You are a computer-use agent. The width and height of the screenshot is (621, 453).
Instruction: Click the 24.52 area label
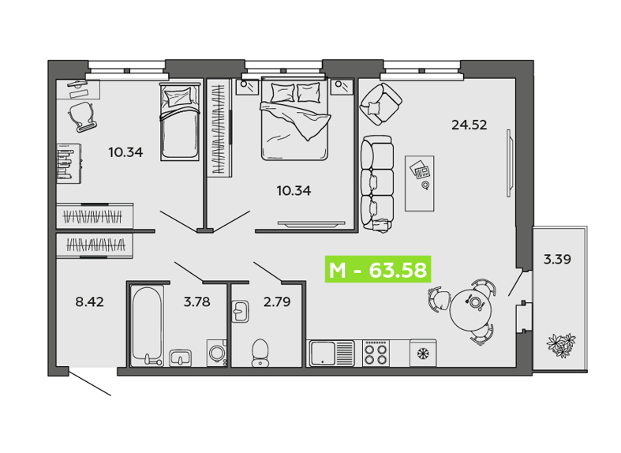[x=469, y=125]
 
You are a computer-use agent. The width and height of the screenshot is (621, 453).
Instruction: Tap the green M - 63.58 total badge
[x=378, y=270]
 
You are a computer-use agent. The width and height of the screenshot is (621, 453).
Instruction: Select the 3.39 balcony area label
[x=557, y=260]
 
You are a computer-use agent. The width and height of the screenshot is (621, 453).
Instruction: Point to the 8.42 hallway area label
[x=89, y=301]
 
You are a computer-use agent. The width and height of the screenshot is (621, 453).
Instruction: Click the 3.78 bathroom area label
[x=196, y=301]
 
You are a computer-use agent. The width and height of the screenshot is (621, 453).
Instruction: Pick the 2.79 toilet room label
[x=277, y=301]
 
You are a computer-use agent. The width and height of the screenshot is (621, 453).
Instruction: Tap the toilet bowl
[x=260, y=353]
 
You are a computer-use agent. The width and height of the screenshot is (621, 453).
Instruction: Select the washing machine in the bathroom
[x=217, y=353]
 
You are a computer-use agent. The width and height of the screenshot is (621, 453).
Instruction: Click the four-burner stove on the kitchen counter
[x=376, y=354]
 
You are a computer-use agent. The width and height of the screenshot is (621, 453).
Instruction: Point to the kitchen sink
[x=332, y=354]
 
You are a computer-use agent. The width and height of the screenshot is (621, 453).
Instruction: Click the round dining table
[x=470, y=309]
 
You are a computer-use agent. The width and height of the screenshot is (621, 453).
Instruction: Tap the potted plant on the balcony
[x=561, y=344]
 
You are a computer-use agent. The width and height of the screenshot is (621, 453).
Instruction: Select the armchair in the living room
[x=380, y=104]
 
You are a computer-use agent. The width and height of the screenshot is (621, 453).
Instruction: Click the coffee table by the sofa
[x=420, y=183]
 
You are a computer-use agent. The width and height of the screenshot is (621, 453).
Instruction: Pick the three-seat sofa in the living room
[x=377, y=183]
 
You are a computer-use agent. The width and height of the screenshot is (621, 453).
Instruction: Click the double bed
[x=294, y=119]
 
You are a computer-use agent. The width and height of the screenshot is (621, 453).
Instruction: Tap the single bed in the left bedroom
[x=180, y=122]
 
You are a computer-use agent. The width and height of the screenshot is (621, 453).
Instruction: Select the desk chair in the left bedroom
[x=83, y=116]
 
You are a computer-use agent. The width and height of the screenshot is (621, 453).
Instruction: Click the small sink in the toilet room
[x=240, y=311]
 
